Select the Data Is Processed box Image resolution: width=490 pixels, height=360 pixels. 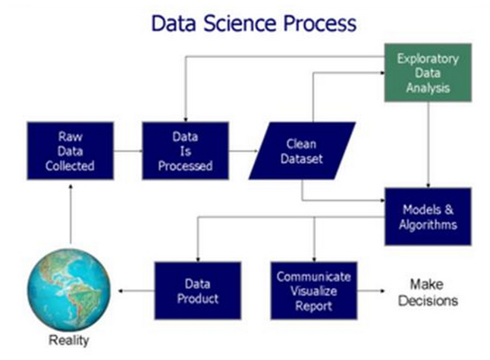[x=185, y=151]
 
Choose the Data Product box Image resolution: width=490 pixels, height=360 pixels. [x=197, y=290]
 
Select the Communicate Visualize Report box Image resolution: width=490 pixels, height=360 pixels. [x=313, y=290]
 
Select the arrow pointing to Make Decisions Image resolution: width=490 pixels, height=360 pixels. [x=373, y=290]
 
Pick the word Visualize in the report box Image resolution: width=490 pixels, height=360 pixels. [x=313, y=290]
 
